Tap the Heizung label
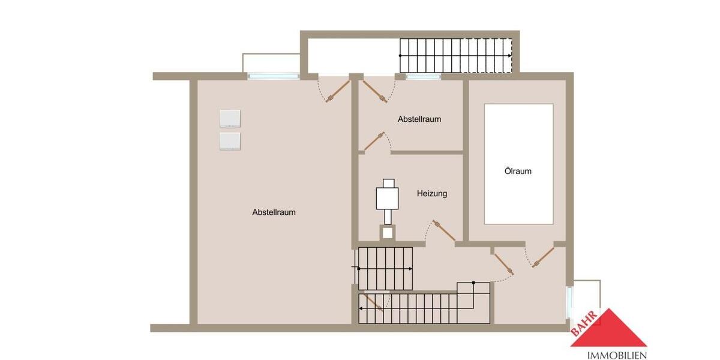pyautogui.click(x=432, y=194)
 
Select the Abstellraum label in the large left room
pyautogui.click(x=274, y=212)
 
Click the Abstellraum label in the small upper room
pyautogui.click(x=419, y=119)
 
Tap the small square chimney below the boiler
pyautogui.click(x=388, y=232)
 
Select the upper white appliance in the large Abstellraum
pyautogui.click(x=230, y=118)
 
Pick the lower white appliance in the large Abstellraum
pyautogui.click(x=230, y=141)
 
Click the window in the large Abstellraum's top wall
pyautogui.click(x=274, y=76)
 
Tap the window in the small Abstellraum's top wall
pyautogui.click(x=423, y=76)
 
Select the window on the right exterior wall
pyautogui.click(x=570, y=302)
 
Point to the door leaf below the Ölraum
pyautogui.click(x=543, y=257)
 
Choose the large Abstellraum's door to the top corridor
pyautogui.click(x=338, y=91)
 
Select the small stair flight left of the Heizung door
pyautogui.click(x=384, y=268)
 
